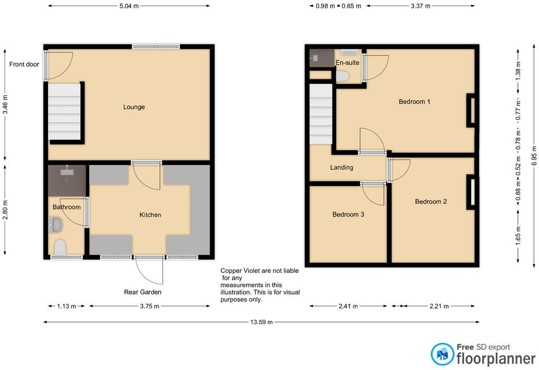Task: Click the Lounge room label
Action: pos(134,107)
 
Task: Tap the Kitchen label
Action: pos(150,215)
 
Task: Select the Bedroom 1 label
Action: pos(414,102)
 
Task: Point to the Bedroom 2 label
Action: pos(431,202)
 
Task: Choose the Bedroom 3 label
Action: pos(348,215)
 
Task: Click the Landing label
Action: pos(341,167)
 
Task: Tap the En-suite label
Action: pos(347,63)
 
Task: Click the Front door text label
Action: pos(24,65)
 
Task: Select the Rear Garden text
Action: pos(143,292)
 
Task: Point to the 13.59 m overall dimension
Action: pos(262,322)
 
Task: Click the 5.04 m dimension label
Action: pos(129,6)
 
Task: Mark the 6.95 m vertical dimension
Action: pos(534,156)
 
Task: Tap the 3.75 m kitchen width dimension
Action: pos(150,306)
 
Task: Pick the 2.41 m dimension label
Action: pos(348,306)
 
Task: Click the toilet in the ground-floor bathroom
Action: pos(60,247)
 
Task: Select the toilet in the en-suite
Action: pos(343,76)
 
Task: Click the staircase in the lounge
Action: pos(65,112)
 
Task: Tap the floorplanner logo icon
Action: pos(443,354)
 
